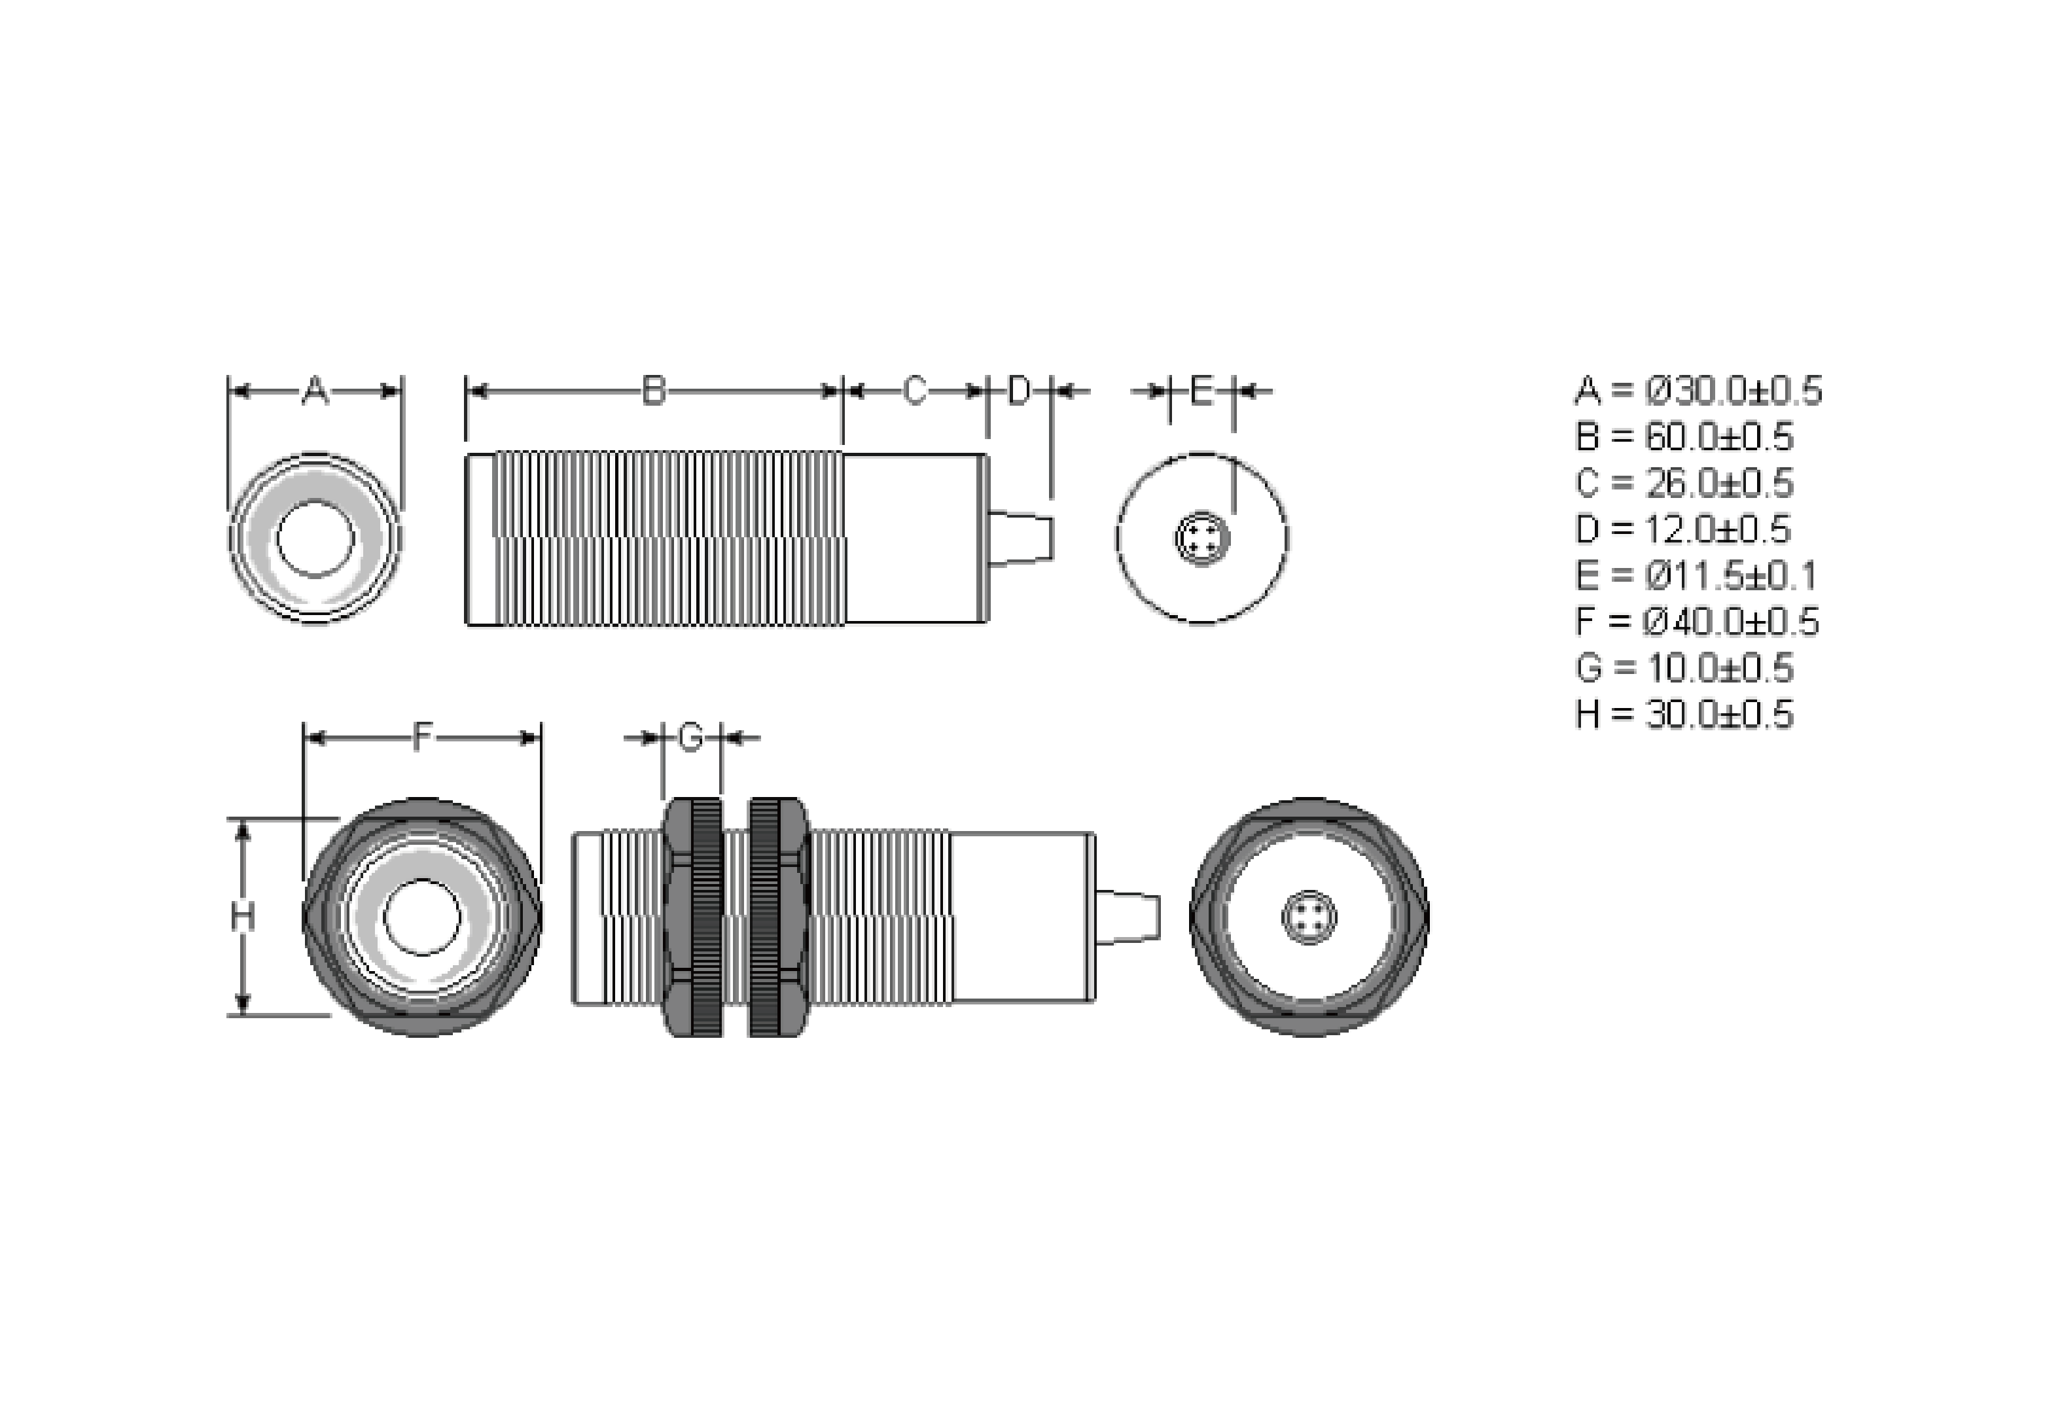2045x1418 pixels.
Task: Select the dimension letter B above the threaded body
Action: [654, 390]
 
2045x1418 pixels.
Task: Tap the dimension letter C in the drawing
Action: [915, 390]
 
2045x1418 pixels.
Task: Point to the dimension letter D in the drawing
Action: [1019, 390]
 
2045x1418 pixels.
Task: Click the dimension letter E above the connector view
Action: [1201, 390]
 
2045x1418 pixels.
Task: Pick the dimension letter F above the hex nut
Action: [423, 737]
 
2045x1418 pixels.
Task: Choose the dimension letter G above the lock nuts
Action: [691, 737]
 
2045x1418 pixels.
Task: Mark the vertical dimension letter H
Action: [243, 917]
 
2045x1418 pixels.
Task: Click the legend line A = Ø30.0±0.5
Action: [1698, 391]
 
